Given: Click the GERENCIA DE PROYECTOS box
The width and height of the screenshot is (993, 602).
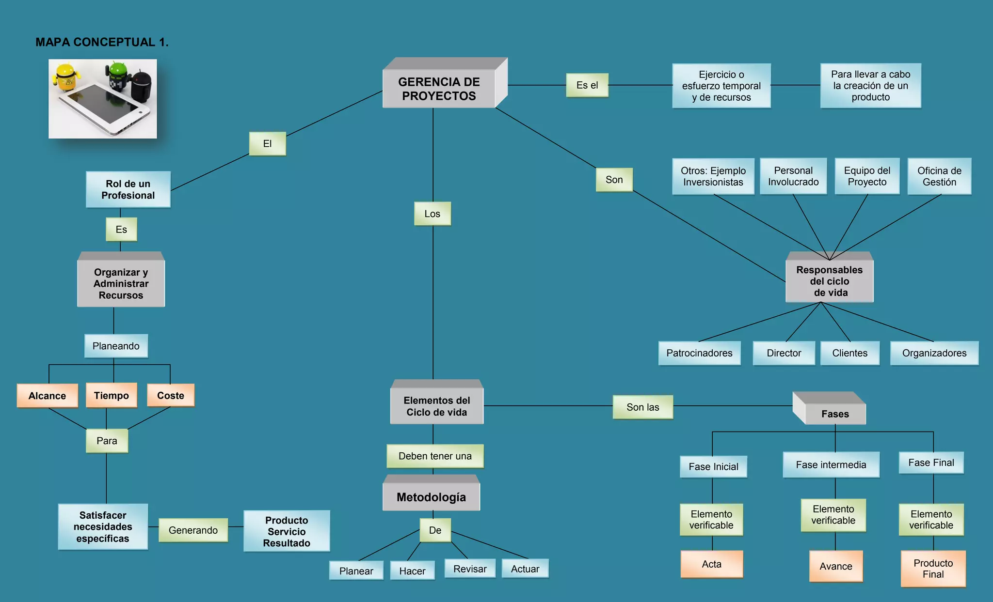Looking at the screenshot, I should [x=439, y=89].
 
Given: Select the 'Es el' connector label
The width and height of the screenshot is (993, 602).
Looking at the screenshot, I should [x=587, y=85].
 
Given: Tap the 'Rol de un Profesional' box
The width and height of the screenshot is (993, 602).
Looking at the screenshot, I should [x=128, y=189].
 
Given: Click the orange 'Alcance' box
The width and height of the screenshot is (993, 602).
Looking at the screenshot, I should [x=47, y=396].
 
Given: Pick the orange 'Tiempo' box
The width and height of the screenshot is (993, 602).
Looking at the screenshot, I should [x=112, y=395].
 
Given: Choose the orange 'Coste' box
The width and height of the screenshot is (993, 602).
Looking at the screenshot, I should [x=171, y=395].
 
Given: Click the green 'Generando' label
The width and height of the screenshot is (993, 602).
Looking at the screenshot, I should [x=193, y=530].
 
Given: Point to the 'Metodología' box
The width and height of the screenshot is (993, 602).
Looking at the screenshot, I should [x=431, y=497].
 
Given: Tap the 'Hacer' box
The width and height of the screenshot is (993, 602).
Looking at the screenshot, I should [x=412, y=571].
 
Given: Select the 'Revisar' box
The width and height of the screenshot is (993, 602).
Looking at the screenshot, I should [x=470, y=569].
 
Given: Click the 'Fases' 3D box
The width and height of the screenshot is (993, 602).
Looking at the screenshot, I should [x=835, y=414].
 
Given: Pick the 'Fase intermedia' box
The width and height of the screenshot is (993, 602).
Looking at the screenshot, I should [x=831, y=464].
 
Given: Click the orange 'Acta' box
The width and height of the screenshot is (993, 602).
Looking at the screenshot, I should [x=712, y=564].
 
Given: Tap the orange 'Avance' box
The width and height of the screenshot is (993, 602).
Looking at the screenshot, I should [x=836, y=566].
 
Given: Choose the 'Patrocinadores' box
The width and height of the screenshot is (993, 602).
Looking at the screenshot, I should [x=699, y=353].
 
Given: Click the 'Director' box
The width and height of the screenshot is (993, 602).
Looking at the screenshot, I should [x=784, y=353].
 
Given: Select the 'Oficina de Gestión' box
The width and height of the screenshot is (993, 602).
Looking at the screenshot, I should [x=939, y=176].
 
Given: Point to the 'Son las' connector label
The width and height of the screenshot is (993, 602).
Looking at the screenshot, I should [x=643, y=407].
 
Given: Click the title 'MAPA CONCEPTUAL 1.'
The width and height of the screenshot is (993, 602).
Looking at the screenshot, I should [x=102, y=42].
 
